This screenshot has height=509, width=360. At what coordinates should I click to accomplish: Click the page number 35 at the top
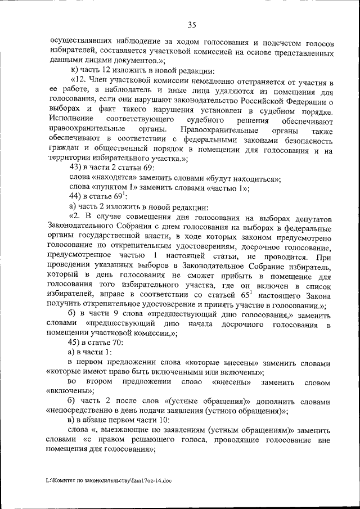click(x=192, y=24)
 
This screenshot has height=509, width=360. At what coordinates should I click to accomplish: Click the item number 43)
click(x=76, y=169)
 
